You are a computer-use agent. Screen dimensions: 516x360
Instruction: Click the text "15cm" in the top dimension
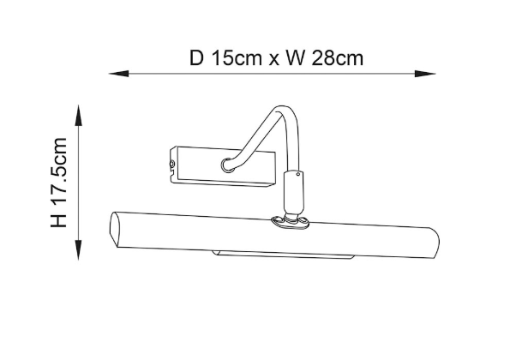(x=237, y=58)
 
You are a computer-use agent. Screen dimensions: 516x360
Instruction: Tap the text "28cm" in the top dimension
(x=338, y=58)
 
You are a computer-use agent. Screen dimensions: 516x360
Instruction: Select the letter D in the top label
(x=197, y=58)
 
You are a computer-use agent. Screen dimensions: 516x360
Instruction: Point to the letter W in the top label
(x=296, y=58)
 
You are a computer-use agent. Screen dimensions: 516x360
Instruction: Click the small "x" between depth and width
(x=273, y=60)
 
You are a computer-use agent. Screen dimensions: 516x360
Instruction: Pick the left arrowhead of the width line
(x=119, y=74)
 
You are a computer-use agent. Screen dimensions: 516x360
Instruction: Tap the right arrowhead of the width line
(x=425, y=74)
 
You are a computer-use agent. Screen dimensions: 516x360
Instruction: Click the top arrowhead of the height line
(x=78, y=115)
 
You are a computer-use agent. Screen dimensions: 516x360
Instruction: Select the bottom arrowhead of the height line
(x=78, y=249)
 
